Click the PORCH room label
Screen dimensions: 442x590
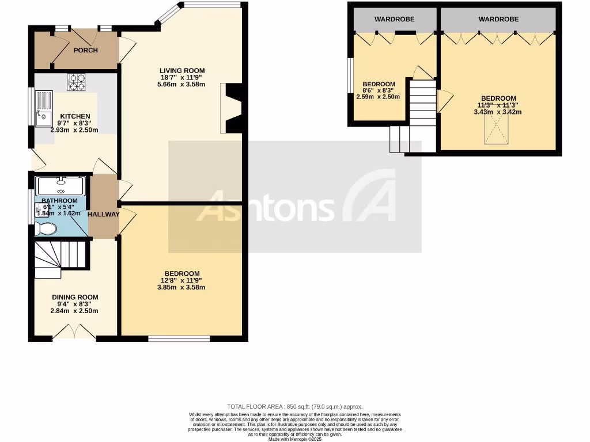[x=85, y=50]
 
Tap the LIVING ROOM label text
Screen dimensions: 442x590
[x=182, y=71]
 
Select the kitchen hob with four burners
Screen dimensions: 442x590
[x=76, y=83]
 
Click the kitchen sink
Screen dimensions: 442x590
[x=43, y=109]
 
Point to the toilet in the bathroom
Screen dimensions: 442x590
[x=45, y=230]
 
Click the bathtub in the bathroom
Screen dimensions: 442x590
[x=60, y=186]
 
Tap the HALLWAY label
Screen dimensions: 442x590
[x=104, y=214]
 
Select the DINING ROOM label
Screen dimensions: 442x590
[x=75, y=298]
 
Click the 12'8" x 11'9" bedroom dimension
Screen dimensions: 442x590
[x=182, y=281]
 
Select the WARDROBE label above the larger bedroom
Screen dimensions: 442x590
[x=498, y=20]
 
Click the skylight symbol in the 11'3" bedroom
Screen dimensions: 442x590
[x=497, y=133]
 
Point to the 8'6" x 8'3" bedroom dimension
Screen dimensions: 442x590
[x=379, y=90]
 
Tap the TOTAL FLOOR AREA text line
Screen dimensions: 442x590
[x=295, y=407]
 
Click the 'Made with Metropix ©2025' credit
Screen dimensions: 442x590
[x=295, y=439]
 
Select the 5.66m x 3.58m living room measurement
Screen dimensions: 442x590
[x=182, y=84]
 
